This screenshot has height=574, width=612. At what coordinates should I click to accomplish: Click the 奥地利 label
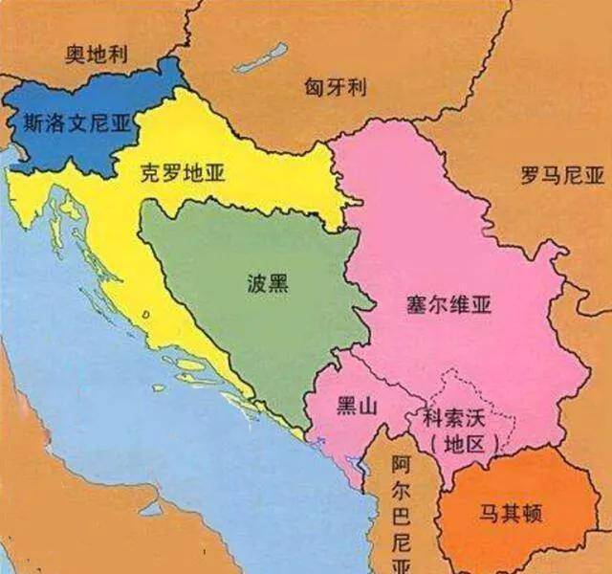98,54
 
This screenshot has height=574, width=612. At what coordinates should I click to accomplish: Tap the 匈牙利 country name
336,88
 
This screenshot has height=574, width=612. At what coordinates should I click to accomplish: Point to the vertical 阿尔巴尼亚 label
402,507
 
